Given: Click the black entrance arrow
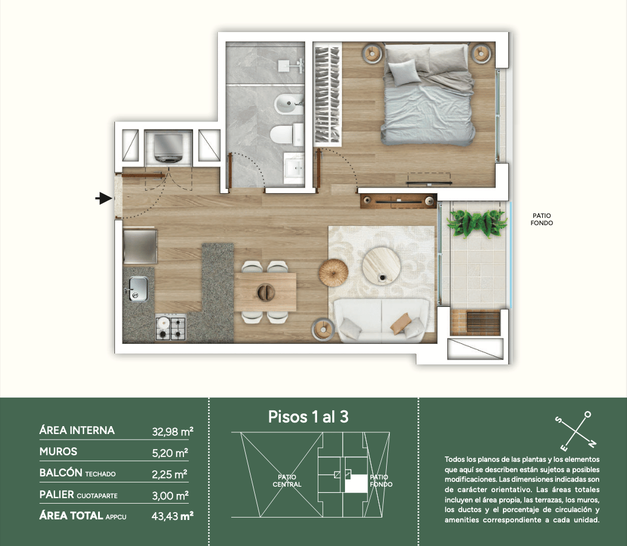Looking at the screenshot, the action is point(103,198).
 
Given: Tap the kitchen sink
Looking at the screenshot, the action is point(138,288).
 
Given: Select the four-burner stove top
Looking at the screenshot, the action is point(171,327).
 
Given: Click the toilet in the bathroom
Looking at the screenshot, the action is point(286,134).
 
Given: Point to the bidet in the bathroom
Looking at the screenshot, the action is point(289,104).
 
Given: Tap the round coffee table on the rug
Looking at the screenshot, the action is point(381,266).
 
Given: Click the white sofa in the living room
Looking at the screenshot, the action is point(381,320).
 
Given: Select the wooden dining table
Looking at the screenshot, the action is point(265,292).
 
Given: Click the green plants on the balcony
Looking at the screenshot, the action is point(477,223).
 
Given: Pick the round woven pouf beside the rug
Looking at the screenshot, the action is point(333,272).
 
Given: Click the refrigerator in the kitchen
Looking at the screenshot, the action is point(140,246).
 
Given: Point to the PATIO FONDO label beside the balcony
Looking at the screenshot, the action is point(542,219).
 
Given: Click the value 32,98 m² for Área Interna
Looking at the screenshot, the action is point(172,432).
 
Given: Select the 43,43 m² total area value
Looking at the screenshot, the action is point(172,516).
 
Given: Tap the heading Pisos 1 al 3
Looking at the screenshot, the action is point(308,417).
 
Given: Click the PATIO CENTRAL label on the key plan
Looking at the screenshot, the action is point(287,481).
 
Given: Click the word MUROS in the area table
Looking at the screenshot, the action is point(58,452).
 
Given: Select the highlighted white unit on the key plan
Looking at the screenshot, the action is point(356,483).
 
